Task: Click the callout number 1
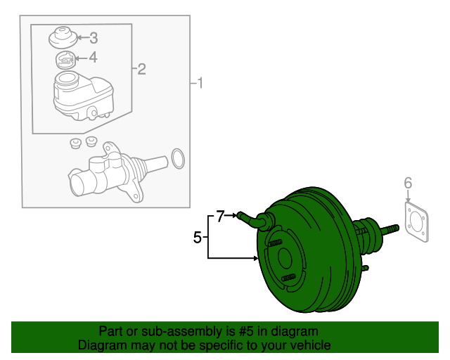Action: pyautogui.click(x=200, y=84)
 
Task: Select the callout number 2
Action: pyautogui.click(x=141, y=69)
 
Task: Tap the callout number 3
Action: pyautogui.click(x=94, y=38)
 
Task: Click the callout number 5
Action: pyautogui.click(x=198, y=238)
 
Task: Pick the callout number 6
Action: pyautogui.click(x=407, y=184)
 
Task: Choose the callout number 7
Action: pyautogui.click(x=220, y=217)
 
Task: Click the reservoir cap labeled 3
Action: pyautogui.click(x=63, y=37)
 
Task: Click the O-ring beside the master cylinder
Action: pyautogui.click(x=179, y=159)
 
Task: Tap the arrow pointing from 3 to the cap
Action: pyautogui.click(x=80, y=38)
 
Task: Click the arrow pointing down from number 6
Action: pyautogui.click(x=407, y=198)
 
